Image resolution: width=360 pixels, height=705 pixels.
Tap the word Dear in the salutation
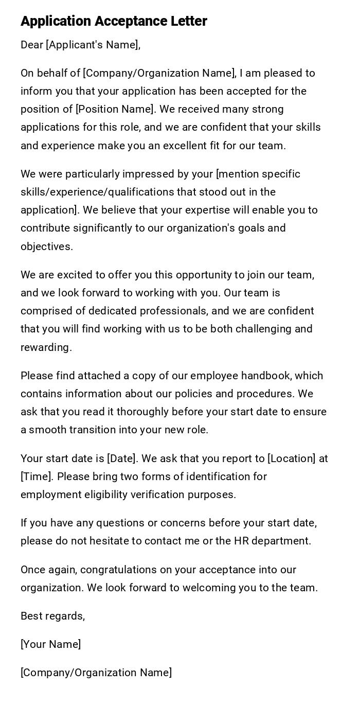tap(32, 45)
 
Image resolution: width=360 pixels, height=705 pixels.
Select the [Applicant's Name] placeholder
tap(93, 45)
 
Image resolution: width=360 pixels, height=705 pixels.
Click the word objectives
tap(46, 246)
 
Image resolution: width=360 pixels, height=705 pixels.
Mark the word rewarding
tap(46, 347)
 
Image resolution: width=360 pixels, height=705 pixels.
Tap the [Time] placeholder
tap(37, 477)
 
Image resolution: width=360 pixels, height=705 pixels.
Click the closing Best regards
tap(52, 616)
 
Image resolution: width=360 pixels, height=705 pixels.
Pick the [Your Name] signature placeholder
tap(51, 644)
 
